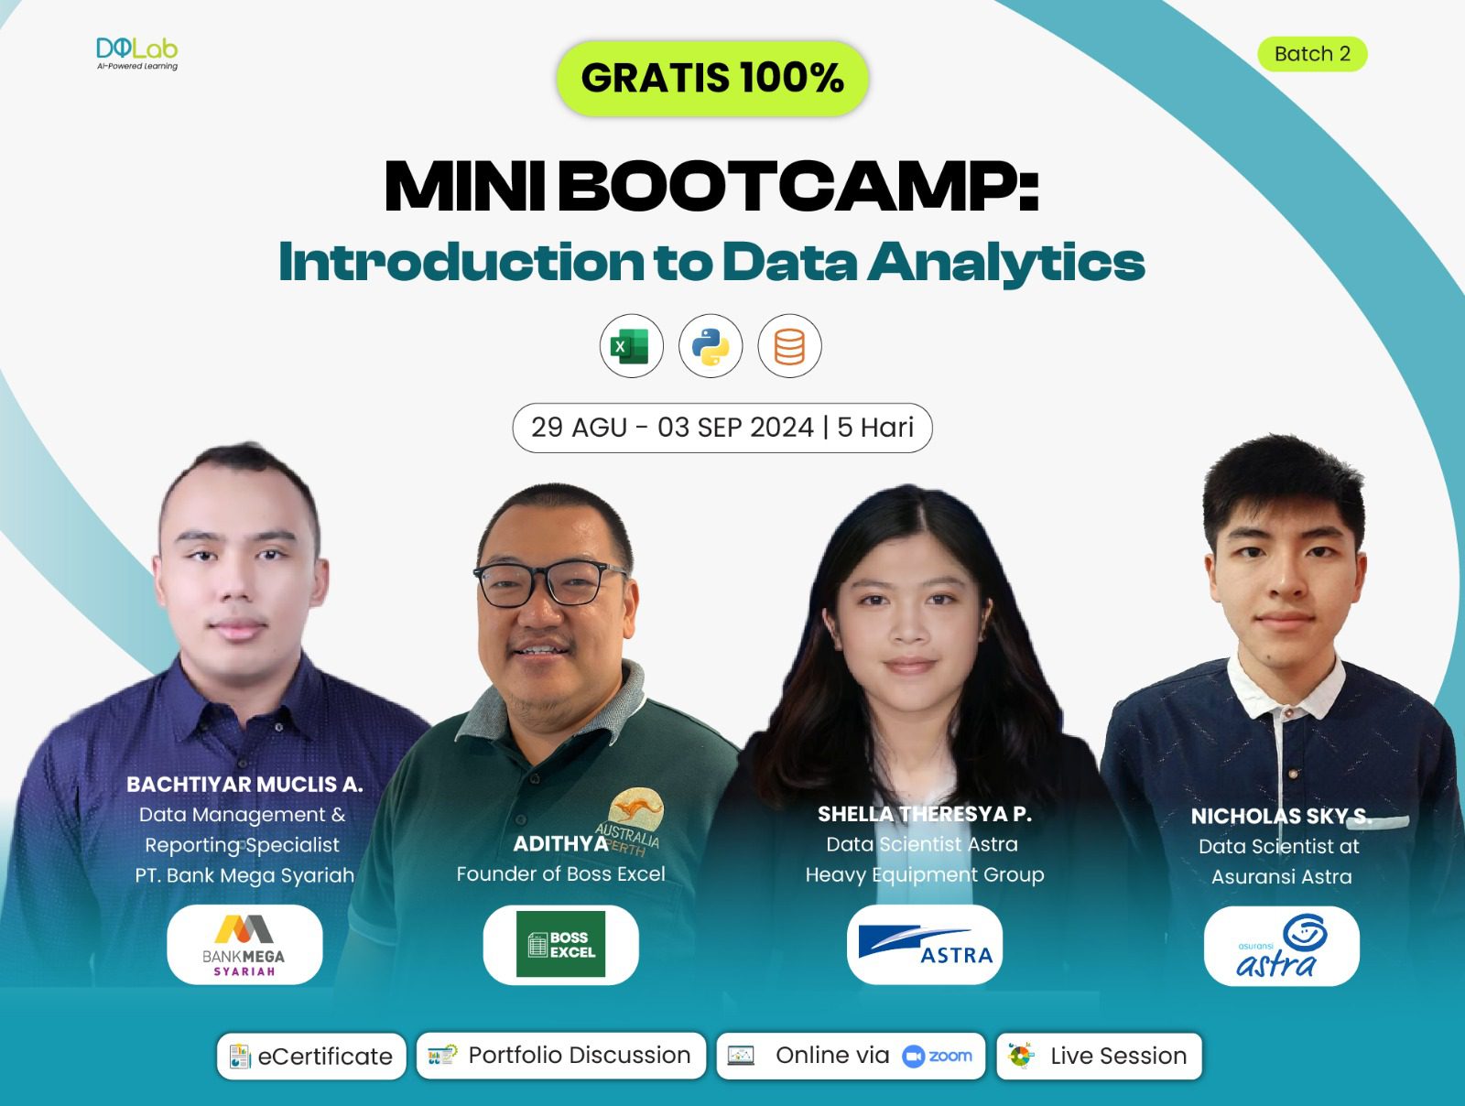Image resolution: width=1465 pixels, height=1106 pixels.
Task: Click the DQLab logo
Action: click(137, 53)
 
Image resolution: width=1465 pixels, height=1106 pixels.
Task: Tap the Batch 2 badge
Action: click(1312, 54)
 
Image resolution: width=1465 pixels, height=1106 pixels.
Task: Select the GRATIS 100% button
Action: click(712, 78)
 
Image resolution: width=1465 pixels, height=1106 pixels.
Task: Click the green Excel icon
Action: click(631, 347)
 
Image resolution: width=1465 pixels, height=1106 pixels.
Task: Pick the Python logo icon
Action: click(711, 347)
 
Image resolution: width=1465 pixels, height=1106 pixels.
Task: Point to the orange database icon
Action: click(789, 347)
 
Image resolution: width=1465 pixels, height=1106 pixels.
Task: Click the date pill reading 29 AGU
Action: click(722, 428)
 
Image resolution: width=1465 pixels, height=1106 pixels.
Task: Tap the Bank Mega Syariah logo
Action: click(244, 945)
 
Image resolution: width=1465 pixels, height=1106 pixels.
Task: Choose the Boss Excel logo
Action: click(560, 945)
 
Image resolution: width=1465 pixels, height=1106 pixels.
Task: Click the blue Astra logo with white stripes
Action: click(925, 945)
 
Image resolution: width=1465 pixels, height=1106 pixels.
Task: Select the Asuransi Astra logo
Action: click(1281, 947)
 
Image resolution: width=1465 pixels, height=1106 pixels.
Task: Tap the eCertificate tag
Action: click(311, 1057)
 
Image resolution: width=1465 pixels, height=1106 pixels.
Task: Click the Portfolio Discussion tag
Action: click(561, 1056)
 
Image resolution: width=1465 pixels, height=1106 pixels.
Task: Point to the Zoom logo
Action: click(938, 1056)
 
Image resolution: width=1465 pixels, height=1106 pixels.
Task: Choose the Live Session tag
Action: click(1099, 1057)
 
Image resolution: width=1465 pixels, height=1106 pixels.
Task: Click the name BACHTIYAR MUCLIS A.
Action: click(244, 785)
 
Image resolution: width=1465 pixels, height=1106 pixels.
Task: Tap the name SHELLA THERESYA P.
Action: click(924, 814)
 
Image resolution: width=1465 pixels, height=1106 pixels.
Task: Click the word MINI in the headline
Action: click(464, 188)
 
